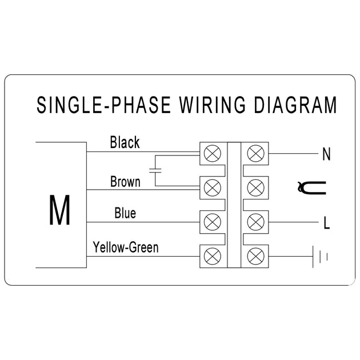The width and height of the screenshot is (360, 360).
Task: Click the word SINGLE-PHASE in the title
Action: [103, 105]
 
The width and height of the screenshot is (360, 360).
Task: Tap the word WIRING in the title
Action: [213, 105]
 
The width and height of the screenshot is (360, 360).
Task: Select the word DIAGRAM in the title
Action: [295, 105]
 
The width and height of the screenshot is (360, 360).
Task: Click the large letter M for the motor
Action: [59, 210]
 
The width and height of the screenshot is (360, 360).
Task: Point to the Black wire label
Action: [125, 142]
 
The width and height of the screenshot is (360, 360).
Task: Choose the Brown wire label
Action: [125, 182]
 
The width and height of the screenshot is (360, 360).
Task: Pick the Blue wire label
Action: [125, 213]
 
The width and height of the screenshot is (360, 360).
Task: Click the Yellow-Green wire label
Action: [126, 247]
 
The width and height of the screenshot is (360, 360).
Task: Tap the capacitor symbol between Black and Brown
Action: [155, 170]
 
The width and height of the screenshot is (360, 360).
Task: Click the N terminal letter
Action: [326, 154]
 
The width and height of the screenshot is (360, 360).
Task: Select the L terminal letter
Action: [326, 222]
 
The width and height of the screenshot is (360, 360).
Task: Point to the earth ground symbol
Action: [320, 257]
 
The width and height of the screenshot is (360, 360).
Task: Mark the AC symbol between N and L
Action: [311, 188]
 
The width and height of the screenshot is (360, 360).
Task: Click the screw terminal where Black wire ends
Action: [213, 153]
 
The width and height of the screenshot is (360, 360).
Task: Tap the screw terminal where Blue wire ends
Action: [213, 222]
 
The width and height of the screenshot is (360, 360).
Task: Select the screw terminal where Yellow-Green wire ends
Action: [213, 256]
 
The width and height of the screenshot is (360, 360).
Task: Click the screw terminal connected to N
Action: [256, 153]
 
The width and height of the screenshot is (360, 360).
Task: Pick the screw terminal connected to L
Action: [256, 222]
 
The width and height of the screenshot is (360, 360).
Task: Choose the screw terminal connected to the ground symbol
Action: [256, 256]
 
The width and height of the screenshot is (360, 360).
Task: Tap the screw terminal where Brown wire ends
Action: [213, 188]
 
